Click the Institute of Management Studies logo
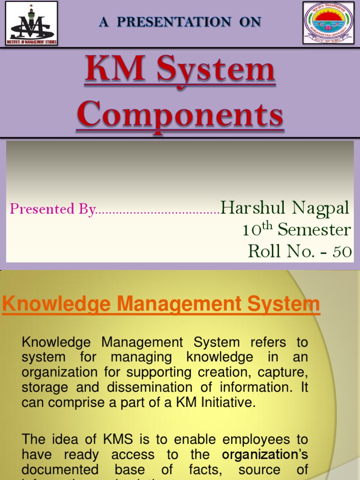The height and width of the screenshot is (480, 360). coord(31,23)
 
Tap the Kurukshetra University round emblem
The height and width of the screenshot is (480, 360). coord(328,23)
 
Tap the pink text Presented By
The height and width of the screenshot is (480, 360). coord(52,209)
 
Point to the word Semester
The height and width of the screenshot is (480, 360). coord(314,230)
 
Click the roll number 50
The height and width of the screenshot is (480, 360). coord(342,252)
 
